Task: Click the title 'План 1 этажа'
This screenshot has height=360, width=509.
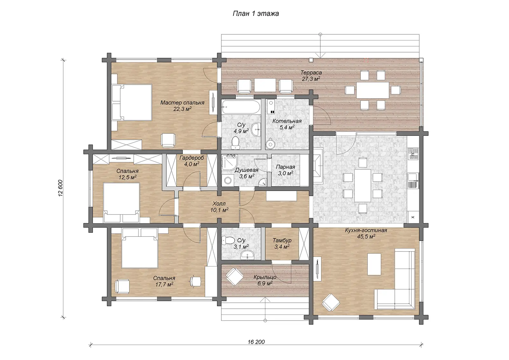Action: (256, 14)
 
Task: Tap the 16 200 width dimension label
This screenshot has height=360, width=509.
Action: (256, 342)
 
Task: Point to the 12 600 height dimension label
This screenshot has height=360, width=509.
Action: (60, 188)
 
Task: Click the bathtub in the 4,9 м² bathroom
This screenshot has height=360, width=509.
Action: (241, 107)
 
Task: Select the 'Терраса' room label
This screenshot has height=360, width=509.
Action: (311, 73)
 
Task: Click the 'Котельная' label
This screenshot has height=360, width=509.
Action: (287, 121)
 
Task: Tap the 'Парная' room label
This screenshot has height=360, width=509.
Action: (285, 167)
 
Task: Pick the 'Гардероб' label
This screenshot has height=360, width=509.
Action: (192, 158)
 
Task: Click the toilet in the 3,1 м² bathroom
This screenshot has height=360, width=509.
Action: (228, 240)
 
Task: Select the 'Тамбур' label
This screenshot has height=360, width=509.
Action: (282, 240)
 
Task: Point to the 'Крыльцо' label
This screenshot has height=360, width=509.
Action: (265, 277)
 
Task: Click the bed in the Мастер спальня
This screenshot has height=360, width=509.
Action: (132, 102)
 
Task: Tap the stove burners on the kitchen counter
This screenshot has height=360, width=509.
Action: (413, 153)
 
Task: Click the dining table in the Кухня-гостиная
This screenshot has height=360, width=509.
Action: (363, 185)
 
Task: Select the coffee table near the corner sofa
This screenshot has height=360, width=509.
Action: (374, 264)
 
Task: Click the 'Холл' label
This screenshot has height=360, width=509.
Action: (219, 203)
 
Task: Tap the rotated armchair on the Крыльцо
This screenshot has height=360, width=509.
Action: (234, 276)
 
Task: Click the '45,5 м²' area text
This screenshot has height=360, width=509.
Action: (366, 236)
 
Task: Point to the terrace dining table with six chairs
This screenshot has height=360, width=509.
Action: (373, 90)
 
